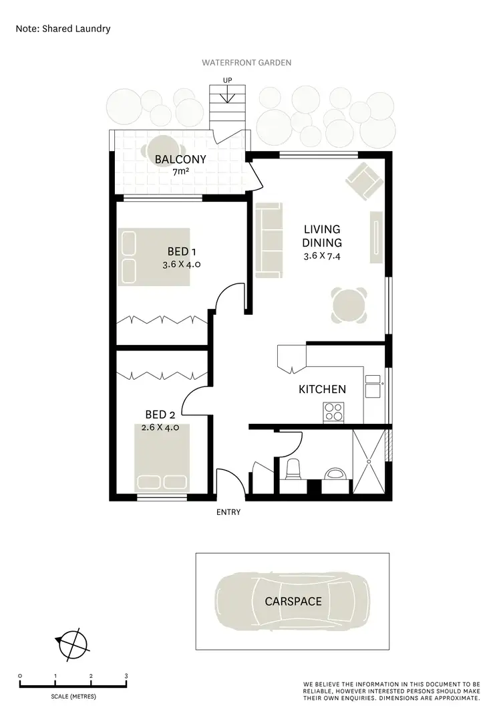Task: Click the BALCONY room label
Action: coord(180,159)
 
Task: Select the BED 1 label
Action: coord(181,252)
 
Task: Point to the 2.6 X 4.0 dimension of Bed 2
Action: coord(160,428)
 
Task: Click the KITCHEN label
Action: coord(322,389)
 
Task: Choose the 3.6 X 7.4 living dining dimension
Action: coord(323,255)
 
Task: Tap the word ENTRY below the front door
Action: coord(228,513)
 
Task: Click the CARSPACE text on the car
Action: coord(293,601)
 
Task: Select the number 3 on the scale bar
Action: coord(126,676)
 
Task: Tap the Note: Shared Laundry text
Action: coord(63,29)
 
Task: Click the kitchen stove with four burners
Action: coord(333,412)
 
